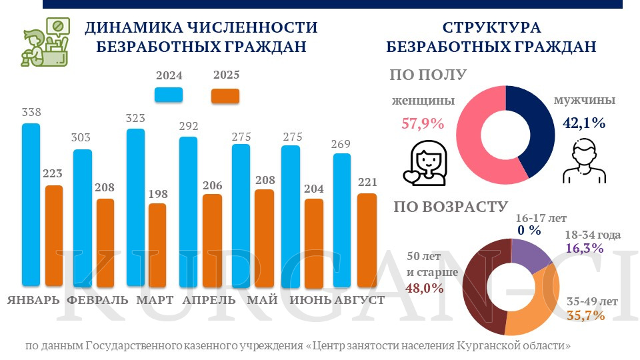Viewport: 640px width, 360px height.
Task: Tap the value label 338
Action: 31,112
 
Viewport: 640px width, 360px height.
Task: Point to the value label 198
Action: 157,193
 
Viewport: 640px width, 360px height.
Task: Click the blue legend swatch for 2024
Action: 169,95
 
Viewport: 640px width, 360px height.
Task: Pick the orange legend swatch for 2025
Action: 226,95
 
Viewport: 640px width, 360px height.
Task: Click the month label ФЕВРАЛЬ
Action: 97,300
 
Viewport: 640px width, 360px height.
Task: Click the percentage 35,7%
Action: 585,315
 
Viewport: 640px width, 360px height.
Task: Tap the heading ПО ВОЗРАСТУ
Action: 451,207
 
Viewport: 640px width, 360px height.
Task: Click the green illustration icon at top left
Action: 45,43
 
